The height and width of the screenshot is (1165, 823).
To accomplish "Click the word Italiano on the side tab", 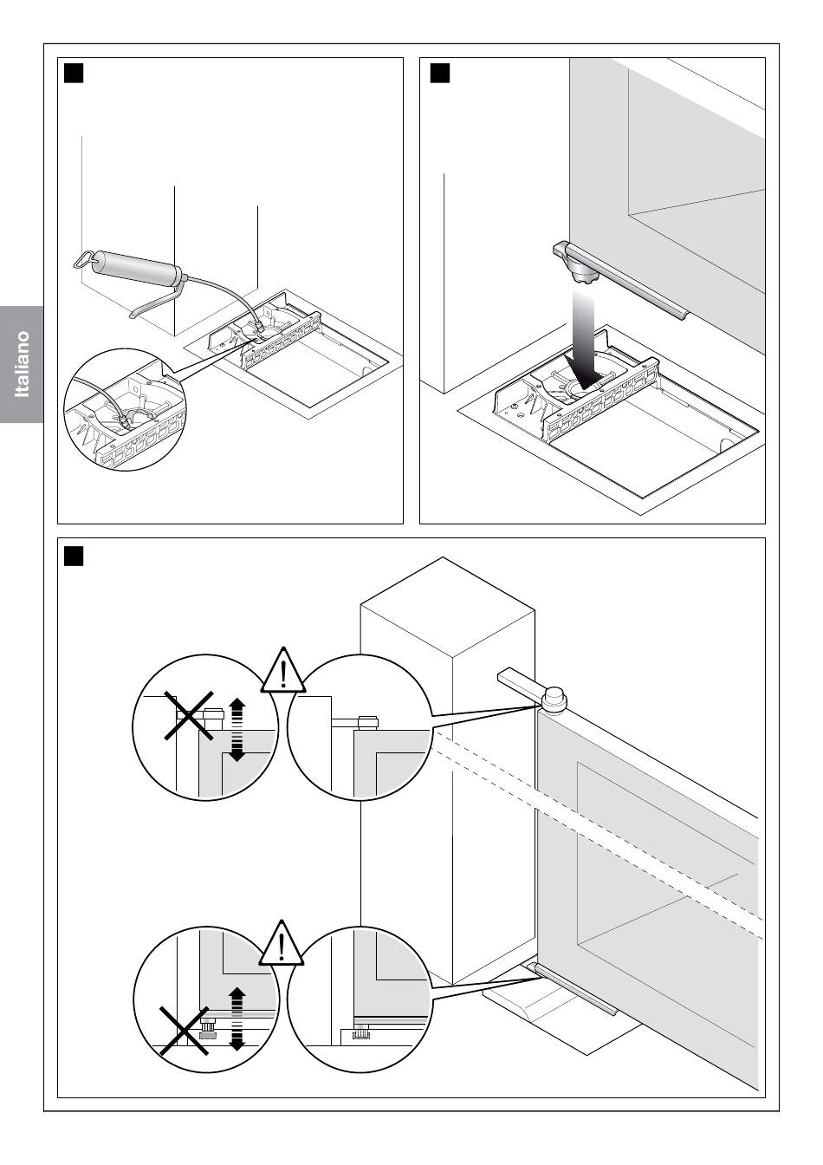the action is [22, 364].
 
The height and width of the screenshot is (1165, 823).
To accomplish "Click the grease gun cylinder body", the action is [139, 265].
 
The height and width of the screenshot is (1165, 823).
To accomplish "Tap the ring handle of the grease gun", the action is [84, 259].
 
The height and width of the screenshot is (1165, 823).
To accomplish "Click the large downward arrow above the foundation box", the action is [585, 339].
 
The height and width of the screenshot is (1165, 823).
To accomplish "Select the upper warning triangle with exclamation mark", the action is [282, 672].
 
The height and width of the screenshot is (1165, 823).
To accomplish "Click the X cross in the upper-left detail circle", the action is [189, 715].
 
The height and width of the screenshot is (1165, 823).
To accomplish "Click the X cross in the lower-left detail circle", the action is [184, 1031].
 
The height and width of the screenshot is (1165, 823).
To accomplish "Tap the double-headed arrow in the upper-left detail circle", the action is [237, 730].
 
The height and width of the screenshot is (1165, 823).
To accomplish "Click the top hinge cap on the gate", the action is [554, 698].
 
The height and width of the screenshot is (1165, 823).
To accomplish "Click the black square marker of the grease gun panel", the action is [74, 74].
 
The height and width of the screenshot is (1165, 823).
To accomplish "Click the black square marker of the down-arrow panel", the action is [440, 74].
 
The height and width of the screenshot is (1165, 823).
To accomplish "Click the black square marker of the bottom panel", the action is [74, 556].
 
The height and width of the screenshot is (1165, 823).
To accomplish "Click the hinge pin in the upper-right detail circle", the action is [368, 722].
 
